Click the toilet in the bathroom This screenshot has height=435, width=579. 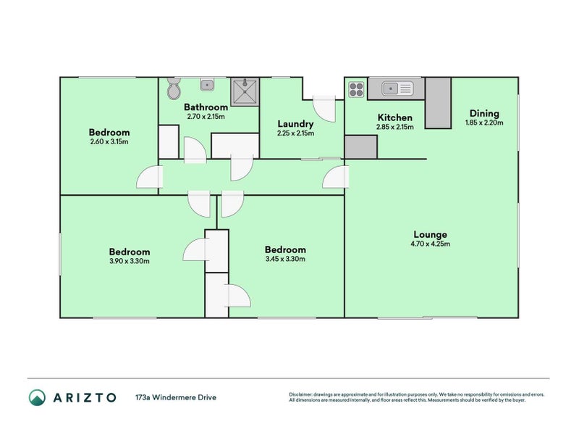[x=173, y=88]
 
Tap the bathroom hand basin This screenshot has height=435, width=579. [x=207, y=85]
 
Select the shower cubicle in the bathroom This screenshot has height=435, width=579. [x=245, y=92]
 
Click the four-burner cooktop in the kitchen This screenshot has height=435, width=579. [x=356, y=89]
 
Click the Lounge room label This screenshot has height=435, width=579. [x=430, y=234]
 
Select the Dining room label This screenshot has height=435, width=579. [x=484, y=114]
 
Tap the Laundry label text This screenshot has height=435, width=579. [x=295, y=124]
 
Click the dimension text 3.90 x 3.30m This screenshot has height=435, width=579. [x=130, y=261]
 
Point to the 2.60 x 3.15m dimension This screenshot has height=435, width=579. [x=109, y=141]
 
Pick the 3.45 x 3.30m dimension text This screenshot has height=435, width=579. [x=285, y=259]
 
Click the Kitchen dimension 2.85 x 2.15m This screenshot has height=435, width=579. [x=394, y=127]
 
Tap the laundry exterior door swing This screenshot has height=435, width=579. [x=324, y=109]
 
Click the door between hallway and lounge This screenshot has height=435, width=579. [x=336, y=177]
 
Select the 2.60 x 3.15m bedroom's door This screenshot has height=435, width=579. [x=150, y=177]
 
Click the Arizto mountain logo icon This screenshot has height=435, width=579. [x=38, y=397]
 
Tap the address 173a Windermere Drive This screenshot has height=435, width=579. [x=176, y=397]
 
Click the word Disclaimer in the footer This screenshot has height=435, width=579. [x=300, y=394]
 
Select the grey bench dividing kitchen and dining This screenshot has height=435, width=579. [x=438, y=103]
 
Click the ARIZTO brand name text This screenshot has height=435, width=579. [x=85, y=397]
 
